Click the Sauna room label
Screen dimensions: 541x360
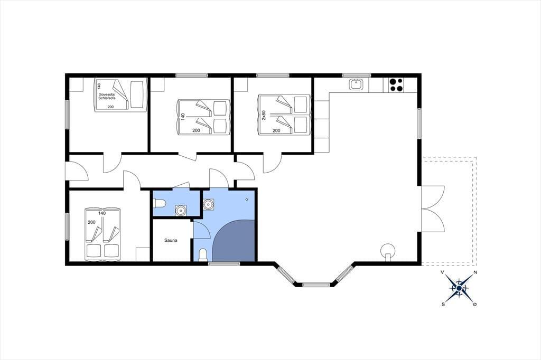(171, 240)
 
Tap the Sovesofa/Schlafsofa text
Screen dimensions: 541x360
(107, 96)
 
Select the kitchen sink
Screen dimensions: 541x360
(356, 84)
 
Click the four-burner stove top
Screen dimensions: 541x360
(396, 85)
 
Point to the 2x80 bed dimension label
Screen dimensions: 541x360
(264, 115)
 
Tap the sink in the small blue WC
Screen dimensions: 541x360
(181, 210)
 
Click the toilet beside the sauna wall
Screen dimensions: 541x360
(203, 255)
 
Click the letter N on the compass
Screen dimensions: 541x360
(475, 272)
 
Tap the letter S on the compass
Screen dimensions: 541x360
(443, 304)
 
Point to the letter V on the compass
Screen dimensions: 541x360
(442, 272)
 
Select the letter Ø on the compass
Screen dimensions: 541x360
(475, 304)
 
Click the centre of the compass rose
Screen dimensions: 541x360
(459, 288)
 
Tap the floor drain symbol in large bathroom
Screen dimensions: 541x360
(247, 200)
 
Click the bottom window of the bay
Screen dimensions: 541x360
(316, 285)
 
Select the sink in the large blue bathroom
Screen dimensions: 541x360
(208, 204)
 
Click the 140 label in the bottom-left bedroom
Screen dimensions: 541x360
(102, 213)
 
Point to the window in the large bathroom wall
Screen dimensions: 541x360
(224, 264)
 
